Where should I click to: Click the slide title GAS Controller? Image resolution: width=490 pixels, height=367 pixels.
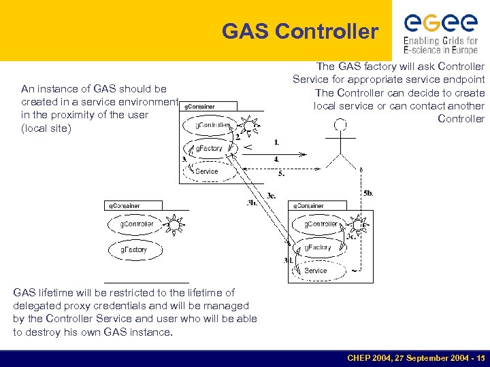pos(299,31)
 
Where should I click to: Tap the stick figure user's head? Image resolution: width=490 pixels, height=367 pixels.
pos(340,126)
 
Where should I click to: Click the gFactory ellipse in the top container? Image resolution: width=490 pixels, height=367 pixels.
pos(209,148)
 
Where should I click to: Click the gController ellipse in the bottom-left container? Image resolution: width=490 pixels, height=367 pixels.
pos(136,224)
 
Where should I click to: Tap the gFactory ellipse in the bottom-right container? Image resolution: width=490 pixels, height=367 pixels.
pos(318,247)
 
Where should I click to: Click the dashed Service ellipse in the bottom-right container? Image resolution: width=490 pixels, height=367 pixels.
pos(316,270)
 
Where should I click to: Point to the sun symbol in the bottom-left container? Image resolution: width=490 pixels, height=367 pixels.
pos(175,224)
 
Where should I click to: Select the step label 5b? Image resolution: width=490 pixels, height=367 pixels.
pos(368,193)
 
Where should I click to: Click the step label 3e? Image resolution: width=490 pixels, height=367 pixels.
pos(271,195)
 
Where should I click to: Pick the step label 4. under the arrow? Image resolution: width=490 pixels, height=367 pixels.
pos(276,159)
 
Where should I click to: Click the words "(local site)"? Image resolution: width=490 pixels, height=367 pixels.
pos(46,128)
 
